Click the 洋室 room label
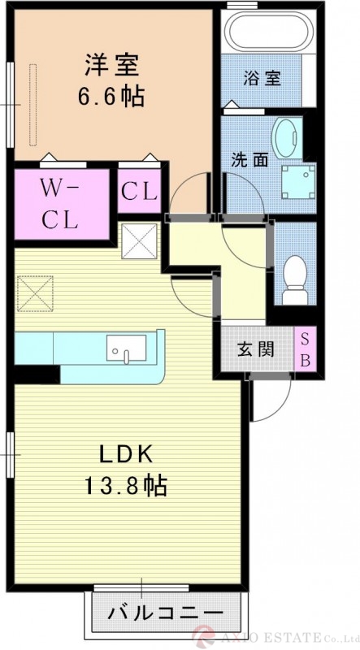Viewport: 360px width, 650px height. pyautogui.click(x=111, y=66)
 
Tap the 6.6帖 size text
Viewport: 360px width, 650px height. pyautogui.click(x=111, y=96)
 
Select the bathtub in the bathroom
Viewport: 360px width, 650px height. pyautogui.click(x=268, y=30)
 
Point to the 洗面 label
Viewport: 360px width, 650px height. pyautogui.click(x=249, y=160)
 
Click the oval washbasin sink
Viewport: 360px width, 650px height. pyautogui.click(x=286, y=138)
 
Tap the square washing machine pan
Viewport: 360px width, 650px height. pyautogui.click(x=298, y=182)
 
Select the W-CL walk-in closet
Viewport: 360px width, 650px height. pyautogui.click(x=62, y=204)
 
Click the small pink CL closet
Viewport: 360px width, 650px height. pyautogui.click(x=139, y=191)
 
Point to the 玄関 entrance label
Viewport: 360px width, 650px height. pyautogui.click(x=256, y=350)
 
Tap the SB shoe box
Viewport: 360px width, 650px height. pyautogui.click(x=306, y=349)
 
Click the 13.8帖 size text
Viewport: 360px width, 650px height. pyautogui.click(x=126, y=485)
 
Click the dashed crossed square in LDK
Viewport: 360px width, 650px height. pyautogui.click(x=35, y=293)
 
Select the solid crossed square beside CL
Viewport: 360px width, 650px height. pyautogui.click(x=139, y=240)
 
